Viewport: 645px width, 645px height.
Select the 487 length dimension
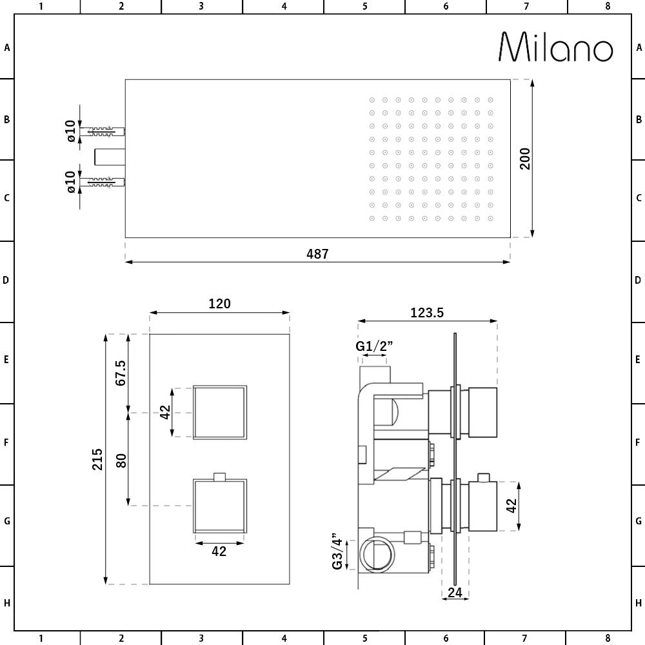click(x=317, y=254)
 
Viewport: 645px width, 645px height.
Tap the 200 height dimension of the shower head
click(x=525, y=159)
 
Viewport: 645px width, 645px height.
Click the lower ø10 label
click(x=71, y=183)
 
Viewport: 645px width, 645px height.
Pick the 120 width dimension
click(x=219, y=303)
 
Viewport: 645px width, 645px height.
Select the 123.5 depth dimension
click(x=427, y=313)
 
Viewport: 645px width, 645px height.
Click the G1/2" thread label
click(x=374, y=346)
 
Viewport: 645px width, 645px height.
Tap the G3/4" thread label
click(x=337, y=551)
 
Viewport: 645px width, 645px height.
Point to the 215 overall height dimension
click(x=97, y=459)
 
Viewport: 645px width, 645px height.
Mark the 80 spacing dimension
click(x=120, y=461)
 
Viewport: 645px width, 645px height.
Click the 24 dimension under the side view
click(x=455, y=592)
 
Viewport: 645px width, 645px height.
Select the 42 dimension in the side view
click(x=511, y=506)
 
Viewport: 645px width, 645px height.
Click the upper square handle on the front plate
click(x=220, y=412)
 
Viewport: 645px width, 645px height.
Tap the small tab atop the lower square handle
click(x=219, y=477)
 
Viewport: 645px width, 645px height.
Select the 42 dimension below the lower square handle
click(x=219, y=551)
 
